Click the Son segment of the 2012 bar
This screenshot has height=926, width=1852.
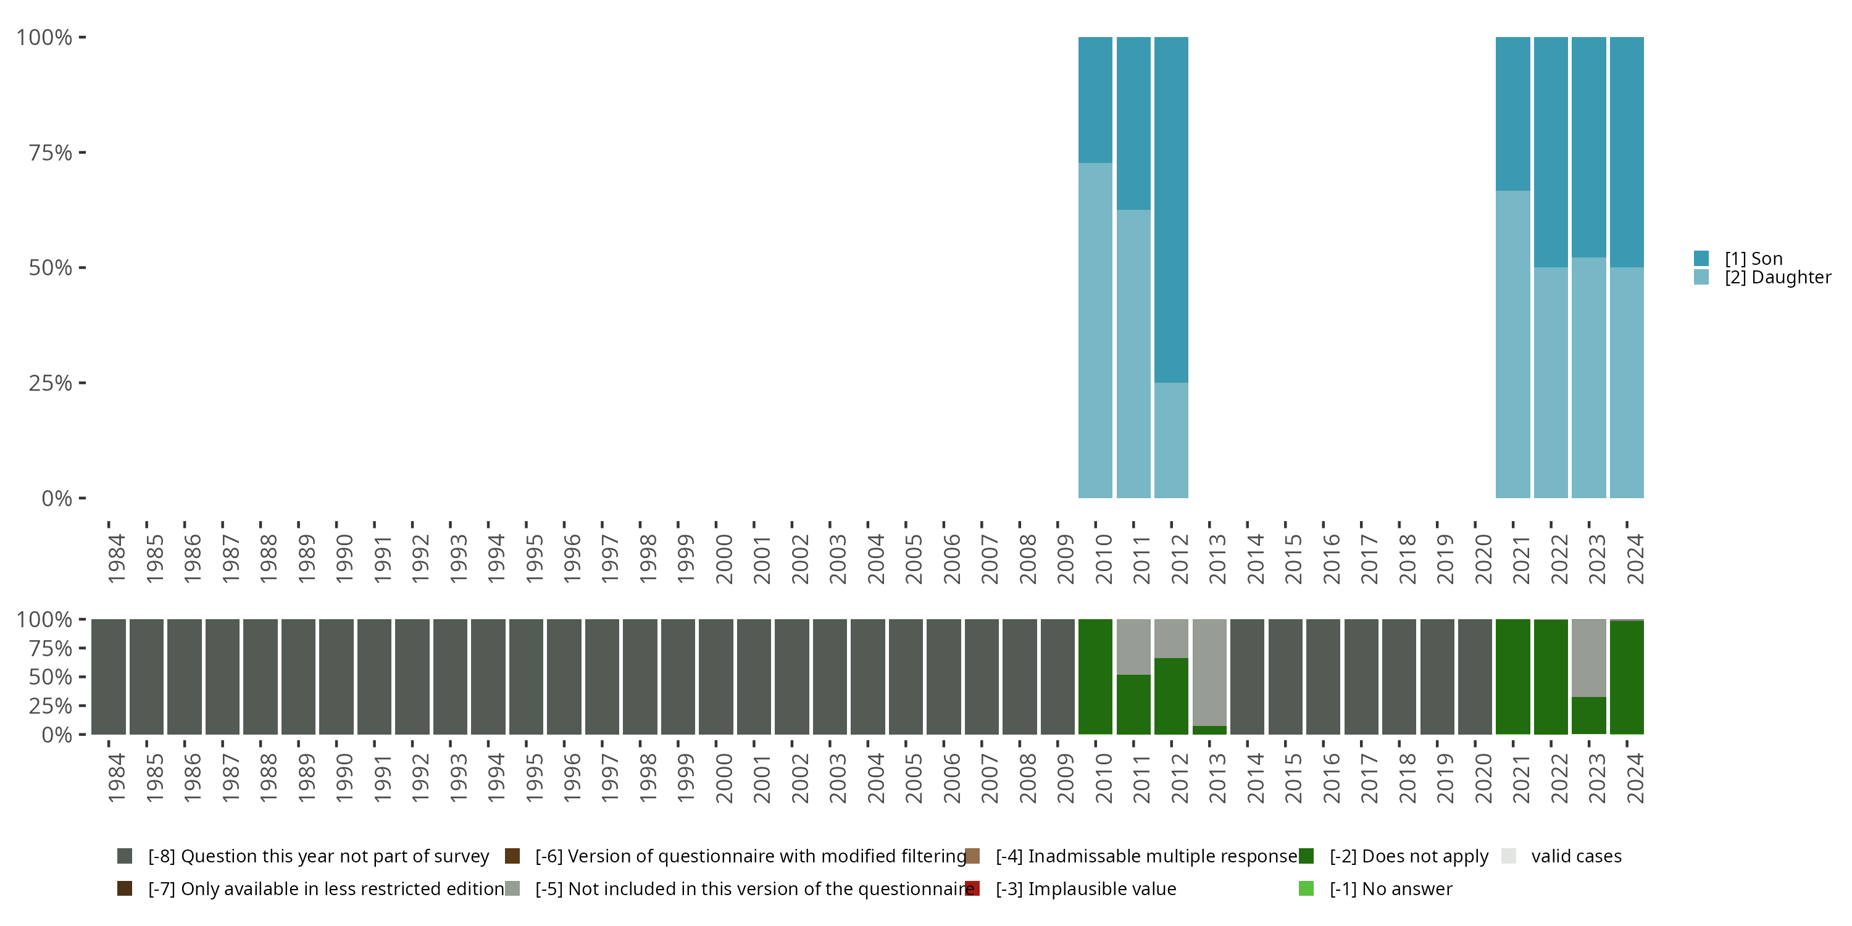coord(1171,209)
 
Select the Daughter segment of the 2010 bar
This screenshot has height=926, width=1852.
coord(1095,330)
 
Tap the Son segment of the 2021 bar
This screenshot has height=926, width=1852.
coord(1512,114)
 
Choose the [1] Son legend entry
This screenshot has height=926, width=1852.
coord(1753,258)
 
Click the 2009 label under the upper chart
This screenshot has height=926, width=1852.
coord(1066,559)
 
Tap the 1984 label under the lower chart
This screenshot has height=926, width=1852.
coord(117,778)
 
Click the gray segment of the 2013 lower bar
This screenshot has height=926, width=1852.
coord(1209,672)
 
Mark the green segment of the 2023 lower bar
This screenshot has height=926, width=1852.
coord(1588,715)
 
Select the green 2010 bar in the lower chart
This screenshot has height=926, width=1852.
coord(1095,677)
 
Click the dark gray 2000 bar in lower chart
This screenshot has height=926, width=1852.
coord(715,677)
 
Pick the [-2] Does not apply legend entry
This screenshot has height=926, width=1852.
coord(1408,856)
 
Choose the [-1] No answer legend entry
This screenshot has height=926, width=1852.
coord(1390,888)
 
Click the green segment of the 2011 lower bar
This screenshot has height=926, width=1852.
coord(1133,704)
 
